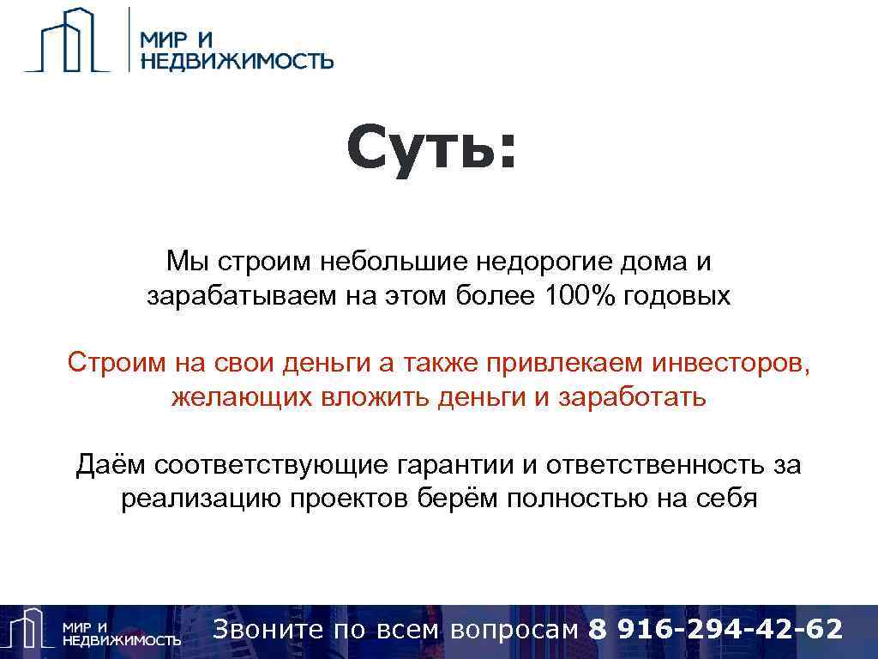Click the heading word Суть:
(433, 148)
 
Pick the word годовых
(678, 297)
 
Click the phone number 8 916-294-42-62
(716, 629)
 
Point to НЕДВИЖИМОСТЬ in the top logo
(237, 61)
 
